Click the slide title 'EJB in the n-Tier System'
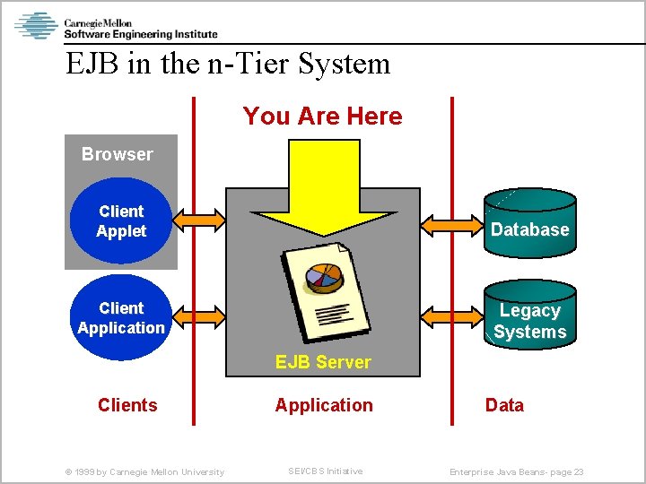228,64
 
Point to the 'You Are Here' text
322,117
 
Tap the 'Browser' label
117,154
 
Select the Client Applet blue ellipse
121,221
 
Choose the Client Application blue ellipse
121,317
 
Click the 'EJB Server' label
323,362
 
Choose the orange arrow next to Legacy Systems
452,315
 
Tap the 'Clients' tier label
127,405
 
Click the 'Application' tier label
324,405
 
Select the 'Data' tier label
504,405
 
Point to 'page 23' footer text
565,472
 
